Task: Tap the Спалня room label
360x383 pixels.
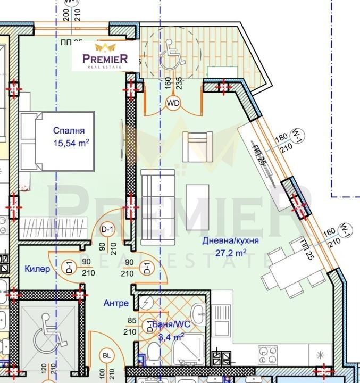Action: [x=69, y=130]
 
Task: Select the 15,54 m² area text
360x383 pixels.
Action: [x=71, y=143]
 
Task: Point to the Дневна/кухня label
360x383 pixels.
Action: [x=230, y=240]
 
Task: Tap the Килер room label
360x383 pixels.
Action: [x=37, y=269]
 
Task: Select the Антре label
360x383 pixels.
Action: [x=116, y=303]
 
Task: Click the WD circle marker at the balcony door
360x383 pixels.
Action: [x=173, y=103]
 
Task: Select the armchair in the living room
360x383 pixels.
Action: [x=197, y=146]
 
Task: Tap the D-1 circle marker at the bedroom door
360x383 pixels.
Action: [x=108, y=229]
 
